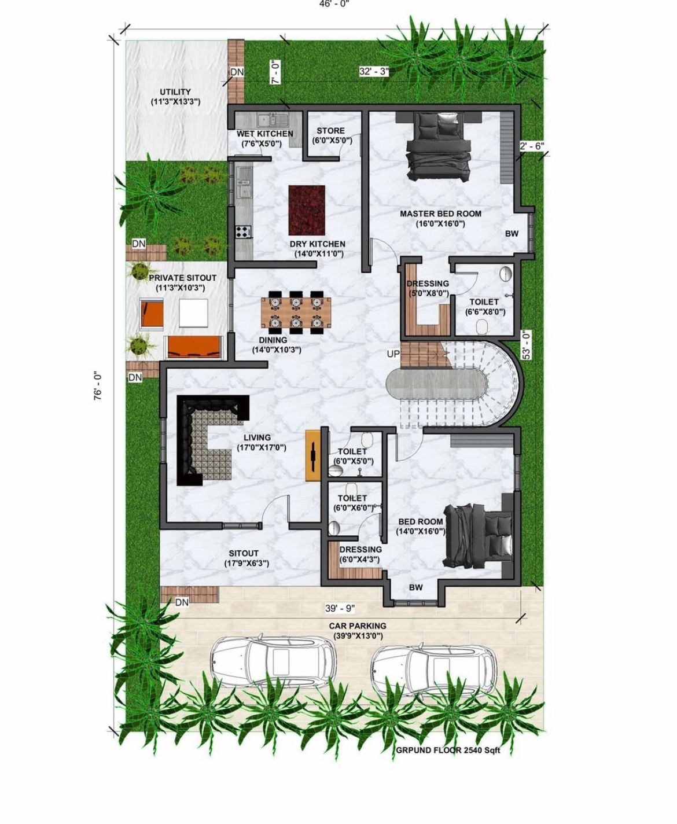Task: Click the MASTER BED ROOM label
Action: pos(440,214)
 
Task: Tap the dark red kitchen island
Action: pos(307,210)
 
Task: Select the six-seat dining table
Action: pos(296,312)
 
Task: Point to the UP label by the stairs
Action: pos(393,354)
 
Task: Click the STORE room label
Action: pos(330,131)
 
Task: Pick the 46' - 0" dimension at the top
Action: pos(334,4)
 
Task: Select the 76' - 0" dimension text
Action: pos(98,385)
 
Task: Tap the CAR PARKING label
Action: pos(358,626)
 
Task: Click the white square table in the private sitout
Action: pos(193,313)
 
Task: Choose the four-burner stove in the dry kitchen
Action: pos(243,231)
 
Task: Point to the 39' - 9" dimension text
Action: pos(340,608)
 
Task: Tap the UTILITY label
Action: pos(175,92)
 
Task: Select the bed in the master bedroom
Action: pos(438,147)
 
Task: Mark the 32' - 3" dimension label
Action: pos(374,72)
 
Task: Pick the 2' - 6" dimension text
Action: pos(532,146)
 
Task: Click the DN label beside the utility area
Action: pos(237,72)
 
